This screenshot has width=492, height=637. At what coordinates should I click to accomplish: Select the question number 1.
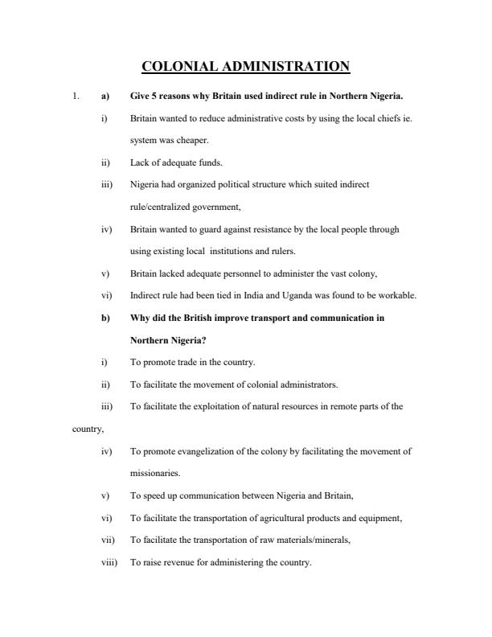pyautogui.click(x=75, y=97)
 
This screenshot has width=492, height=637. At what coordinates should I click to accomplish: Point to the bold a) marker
pyautogui.click(x=105, y=97)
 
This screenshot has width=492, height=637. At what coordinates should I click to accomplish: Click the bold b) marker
pyautogui.click(x=105, y=318)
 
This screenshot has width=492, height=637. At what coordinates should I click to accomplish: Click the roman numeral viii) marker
pyautogui.click(x=109, y=562)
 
